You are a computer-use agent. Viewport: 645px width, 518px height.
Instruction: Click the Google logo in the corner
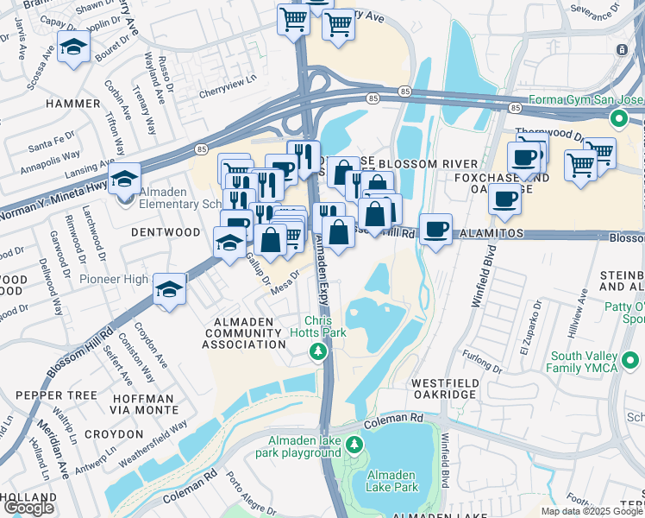pyautogui.click(x=28, y=508)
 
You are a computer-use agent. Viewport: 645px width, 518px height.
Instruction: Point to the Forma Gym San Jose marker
pyautogui.click(x=618, y=117)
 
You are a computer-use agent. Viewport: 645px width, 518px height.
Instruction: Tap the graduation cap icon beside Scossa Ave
pyautogui.click(x=74, y=49)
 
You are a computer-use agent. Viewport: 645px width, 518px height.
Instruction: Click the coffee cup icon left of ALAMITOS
pyautogui.click(x=436, y=229)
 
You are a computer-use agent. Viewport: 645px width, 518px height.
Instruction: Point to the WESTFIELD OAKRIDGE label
pyautogui.click(x=443, y=388)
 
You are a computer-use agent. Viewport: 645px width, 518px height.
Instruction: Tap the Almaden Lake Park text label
pyautogui.click(x=392, y=481)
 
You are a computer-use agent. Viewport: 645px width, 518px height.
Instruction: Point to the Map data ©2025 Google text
pyautogui.click(x=592, y=511)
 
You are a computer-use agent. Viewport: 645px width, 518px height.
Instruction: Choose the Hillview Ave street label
pyautogui.click(x=579, y=306)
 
